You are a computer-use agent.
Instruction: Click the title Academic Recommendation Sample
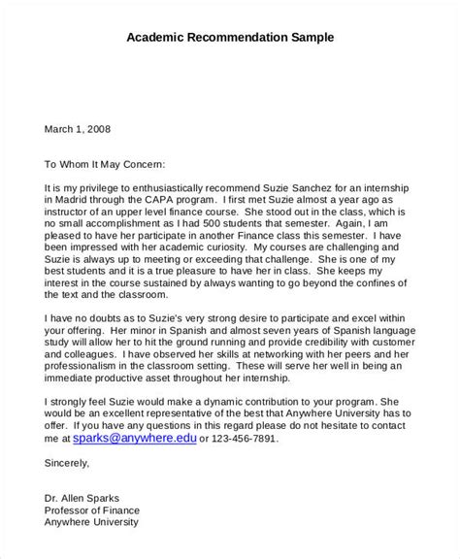tap(230, 39)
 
